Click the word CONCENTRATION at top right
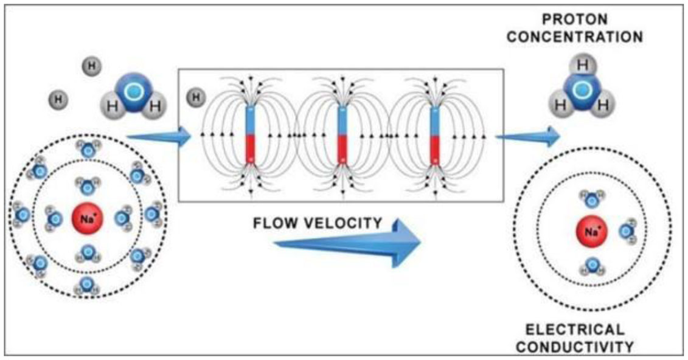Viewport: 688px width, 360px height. coord(575,37)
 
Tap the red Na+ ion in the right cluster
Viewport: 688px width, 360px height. coord(590,231)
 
